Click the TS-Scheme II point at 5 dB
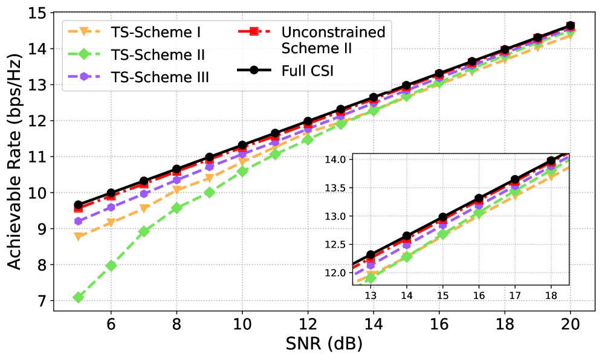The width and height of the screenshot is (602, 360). click(78, 297)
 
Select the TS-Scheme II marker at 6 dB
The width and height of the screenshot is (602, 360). click(111, 265)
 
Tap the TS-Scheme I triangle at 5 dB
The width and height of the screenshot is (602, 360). click(78, 236)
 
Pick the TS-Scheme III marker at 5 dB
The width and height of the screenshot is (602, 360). click(78, 221)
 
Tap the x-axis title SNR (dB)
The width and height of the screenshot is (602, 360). click(324, 344)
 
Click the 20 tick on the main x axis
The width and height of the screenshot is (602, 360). click(571, 323)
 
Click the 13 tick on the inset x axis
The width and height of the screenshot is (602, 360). click(371, 296)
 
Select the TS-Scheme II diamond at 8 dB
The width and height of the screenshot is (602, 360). click(176, 208)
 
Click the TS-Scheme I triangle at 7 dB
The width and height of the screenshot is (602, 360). click(144, 208)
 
